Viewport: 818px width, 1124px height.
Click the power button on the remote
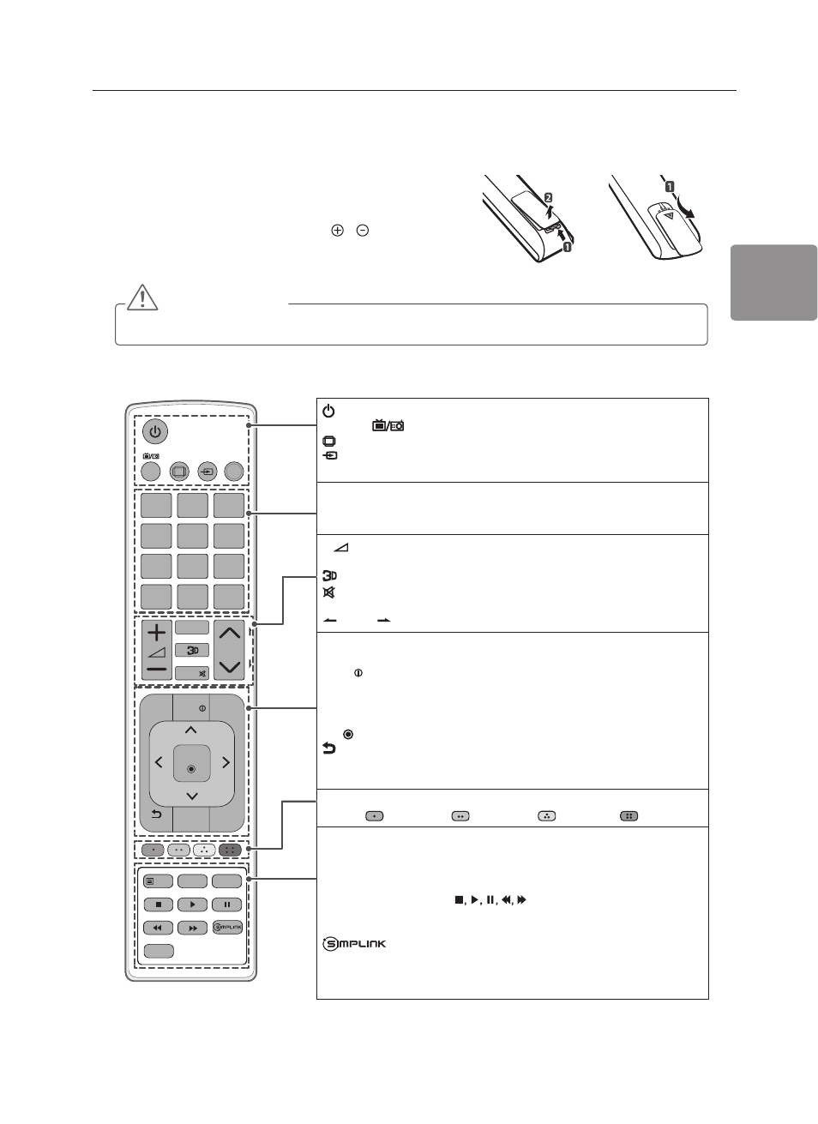(155, 431)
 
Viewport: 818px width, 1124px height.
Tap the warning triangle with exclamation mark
(142, 298)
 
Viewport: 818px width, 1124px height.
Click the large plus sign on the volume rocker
(157, 632)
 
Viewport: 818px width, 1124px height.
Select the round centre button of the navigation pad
(191, 769)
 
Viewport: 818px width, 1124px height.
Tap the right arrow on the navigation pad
(226, 763)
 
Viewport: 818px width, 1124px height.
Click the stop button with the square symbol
(159, 905)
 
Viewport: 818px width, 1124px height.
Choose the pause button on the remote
(227, 905)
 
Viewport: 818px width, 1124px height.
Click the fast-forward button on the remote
(193, 928)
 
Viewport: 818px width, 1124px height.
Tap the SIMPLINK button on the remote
(228, 927)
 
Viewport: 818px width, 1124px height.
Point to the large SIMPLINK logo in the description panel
(354, 944)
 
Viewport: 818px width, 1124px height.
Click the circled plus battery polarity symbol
(337, 231)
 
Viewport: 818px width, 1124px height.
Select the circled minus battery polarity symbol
(363, 231)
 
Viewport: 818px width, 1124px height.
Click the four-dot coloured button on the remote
(230, 850)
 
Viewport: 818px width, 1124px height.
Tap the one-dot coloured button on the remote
(153, 850)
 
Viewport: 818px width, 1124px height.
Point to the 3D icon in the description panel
(330, 575)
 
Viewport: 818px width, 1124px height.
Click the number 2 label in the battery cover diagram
(549, 197)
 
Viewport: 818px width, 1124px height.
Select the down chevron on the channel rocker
(230, 667)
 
